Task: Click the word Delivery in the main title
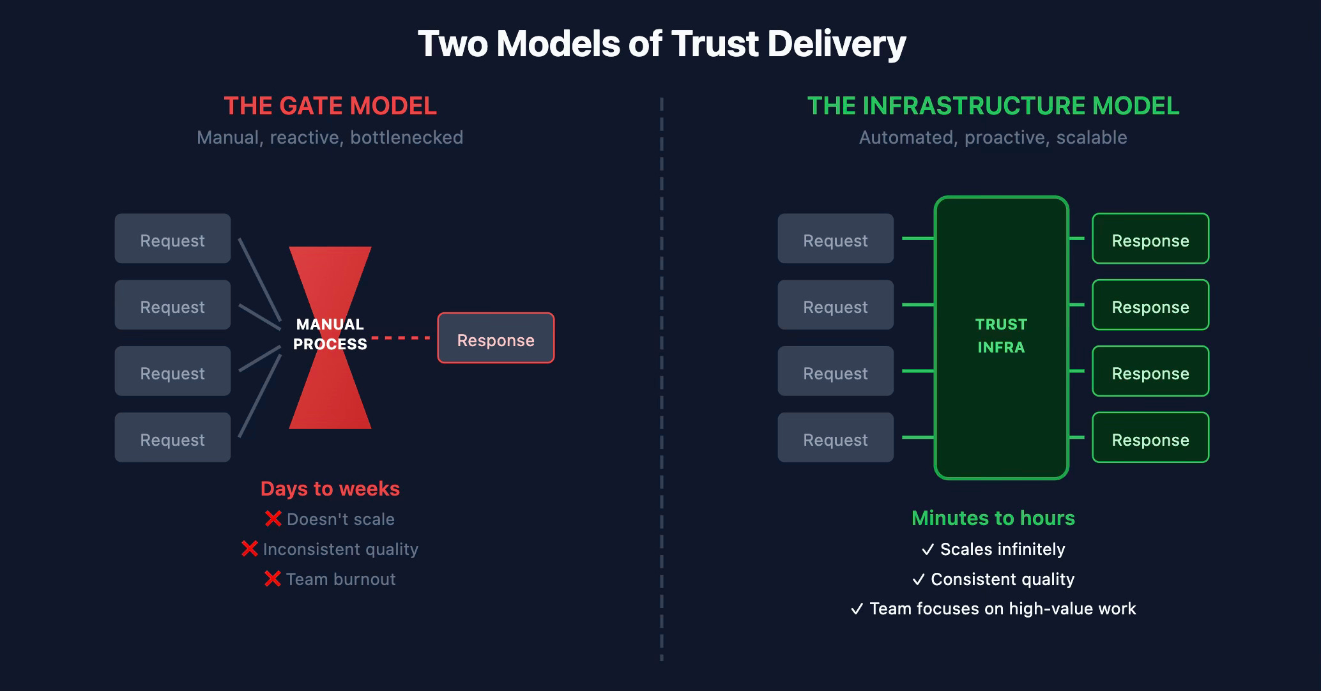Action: coord(836,43)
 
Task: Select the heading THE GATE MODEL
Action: coord(330,106)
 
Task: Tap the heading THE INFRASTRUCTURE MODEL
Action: coord(993,106)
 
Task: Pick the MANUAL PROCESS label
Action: coord(330,334)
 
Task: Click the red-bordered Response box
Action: coord(496,338)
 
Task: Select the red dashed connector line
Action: coord(401,337)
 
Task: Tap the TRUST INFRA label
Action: coord(1001,336)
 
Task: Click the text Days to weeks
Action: coord(330,489)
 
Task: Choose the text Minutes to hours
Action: coord(993,518)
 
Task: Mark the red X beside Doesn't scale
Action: coord(273,519)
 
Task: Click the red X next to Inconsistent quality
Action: coord(250,549)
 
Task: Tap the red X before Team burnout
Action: coord(273,579)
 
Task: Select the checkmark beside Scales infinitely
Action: coord(928,550)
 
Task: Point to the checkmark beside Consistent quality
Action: coord(919,580)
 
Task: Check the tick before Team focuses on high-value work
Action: coord(857,609)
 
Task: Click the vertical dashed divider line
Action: coord(661,383)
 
